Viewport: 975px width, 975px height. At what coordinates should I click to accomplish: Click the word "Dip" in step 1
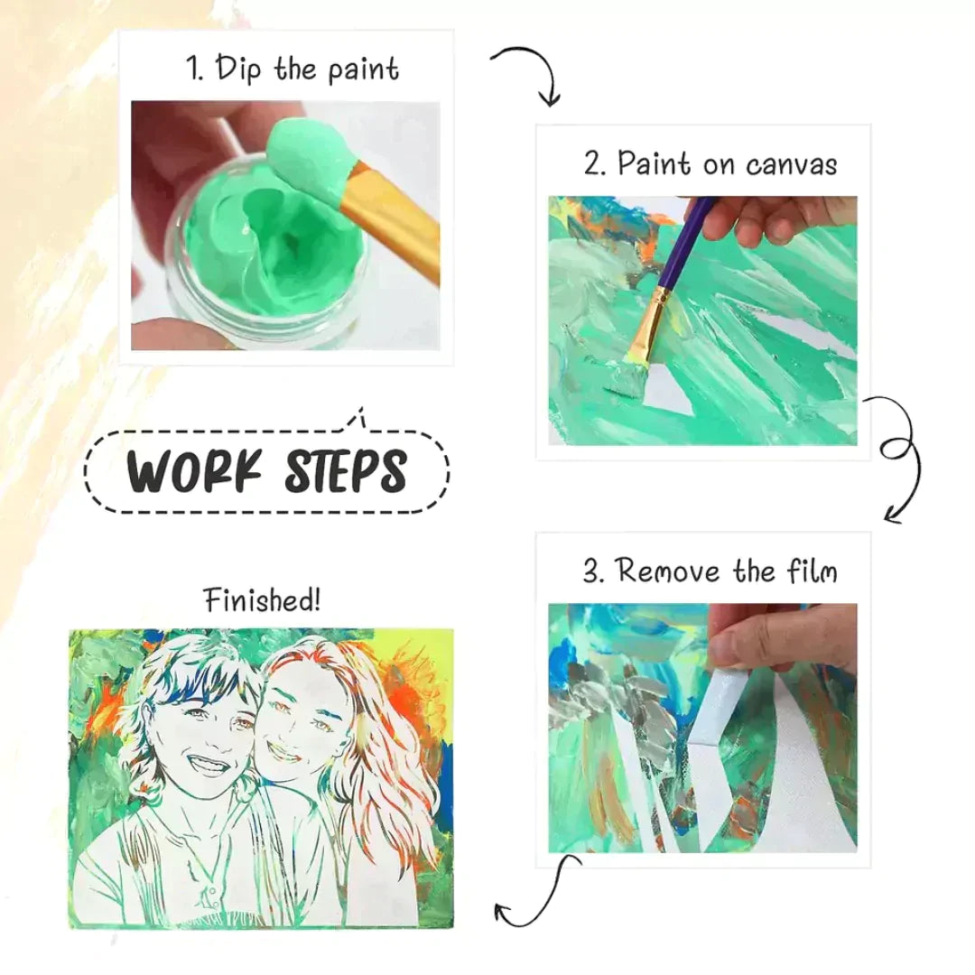point(237,69)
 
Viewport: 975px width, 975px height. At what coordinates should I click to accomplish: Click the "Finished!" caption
point(263,600)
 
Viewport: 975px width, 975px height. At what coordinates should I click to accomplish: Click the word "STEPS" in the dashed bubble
point(346,470)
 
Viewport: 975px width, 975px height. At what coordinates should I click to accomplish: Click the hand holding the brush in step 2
point(784,222)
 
